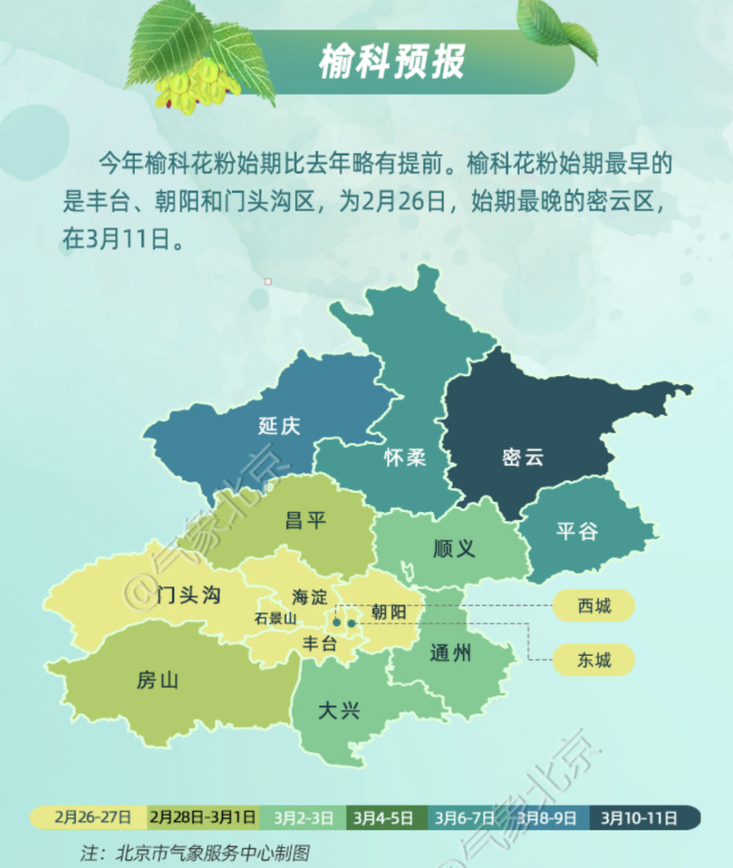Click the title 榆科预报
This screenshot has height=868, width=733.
391,62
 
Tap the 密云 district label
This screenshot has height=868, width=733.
523,458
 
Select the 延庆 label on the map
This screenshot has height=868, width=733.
279,426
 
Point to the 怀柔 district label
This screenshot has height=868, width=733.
405,458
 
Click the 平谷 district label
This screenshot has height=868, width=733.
577,532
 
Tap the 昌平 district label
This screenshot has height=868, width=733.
305,521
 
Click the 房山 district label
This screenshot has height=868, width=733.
158,681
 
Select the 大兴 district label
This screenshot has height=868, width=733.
339,710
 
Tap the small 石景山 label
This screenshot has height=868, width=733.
276,618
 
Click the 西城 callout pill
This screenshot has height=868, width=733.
594,606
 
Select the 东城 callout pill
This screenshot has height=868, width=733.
594,661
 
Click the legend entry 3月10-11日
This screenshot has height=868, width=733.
639,817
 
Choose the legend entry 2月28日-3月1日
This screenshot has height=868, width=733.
203,817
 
